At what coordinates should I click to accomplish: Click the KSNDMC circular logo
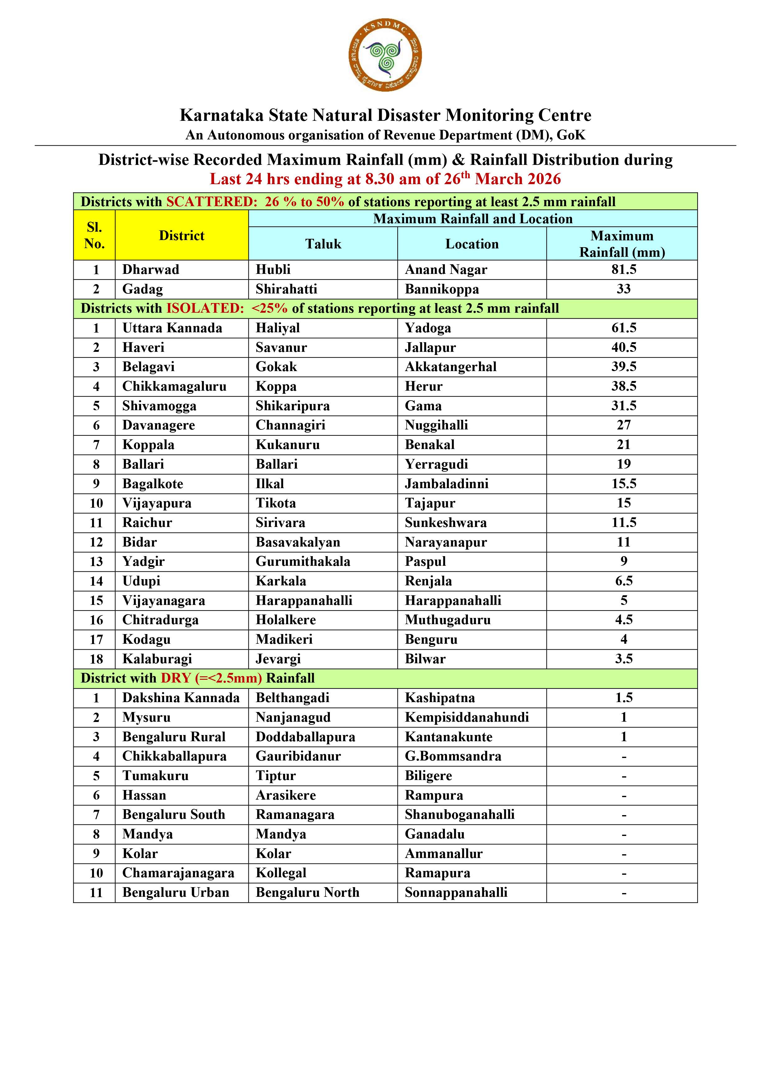coord(385,56)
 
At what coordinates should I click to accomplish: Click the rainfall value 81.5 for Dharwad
coord(623,270)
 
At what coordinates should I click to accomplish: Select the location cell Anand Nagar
coord(446,270)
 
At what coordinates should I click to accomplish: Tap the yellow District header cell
coord(181,235)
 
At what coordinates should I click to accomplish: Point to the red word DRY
coord(176,678)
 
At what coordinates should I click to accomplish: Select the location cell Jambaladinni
coord(446,484)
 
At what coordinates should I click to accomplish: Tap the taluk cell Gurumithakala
coord(303,561)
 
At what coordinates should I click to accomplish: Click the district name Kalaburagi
coord(157,659)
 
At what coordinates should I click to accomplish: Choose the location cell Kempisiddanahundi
coord(467,717)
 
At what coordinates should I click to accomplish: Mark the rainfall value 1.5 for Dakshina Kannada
coord(623,698)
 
